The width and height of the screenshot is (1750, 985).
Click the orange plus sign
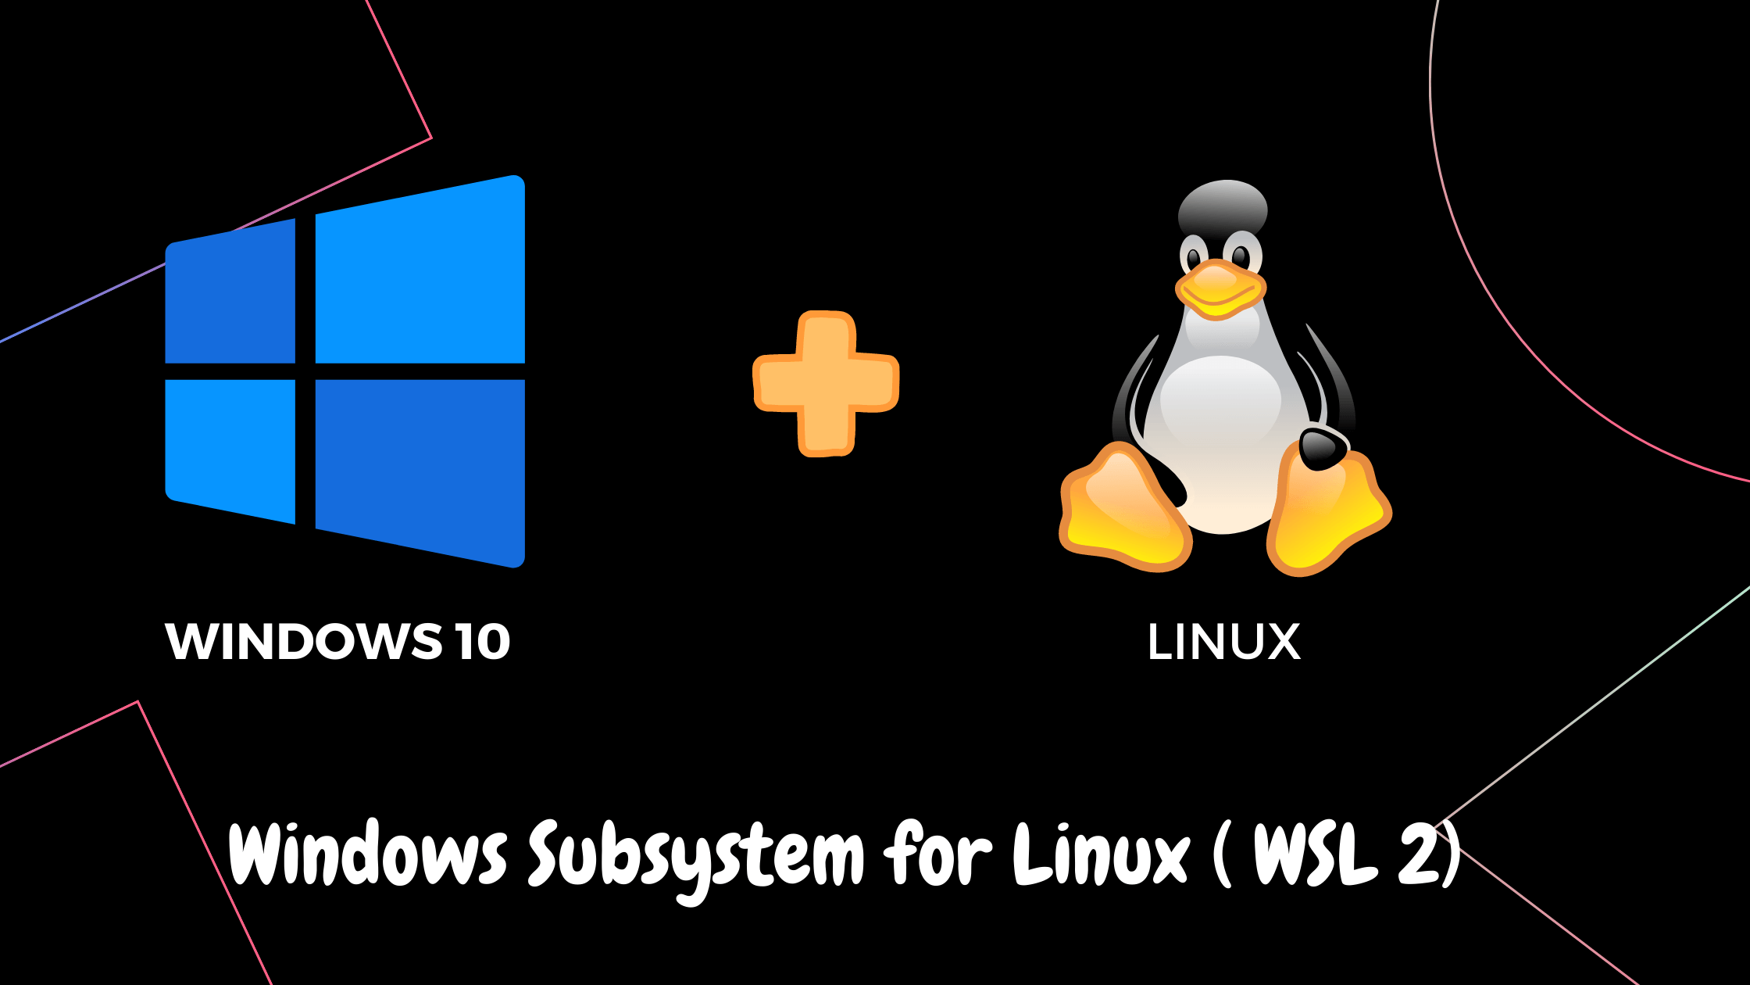826,383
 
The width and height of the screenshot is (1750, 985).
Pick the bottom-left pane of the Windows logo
231,446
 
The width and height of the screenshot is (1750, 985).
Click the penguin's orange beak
1220,289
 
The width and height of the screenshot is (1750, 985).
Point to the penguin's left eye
1195,256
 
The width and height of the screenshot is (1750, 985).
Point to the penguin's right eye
1241,256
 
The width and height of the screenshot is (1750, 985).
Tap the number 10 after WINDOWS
484,642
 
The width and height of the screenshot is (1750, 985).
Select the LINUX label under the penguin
1223,642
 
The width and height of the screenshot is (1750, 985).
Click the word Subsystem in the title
695,856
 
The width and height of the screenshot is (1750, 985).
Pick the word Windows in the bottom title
367,854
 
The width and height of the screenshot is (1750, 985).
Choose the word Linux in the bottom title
1102,854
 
